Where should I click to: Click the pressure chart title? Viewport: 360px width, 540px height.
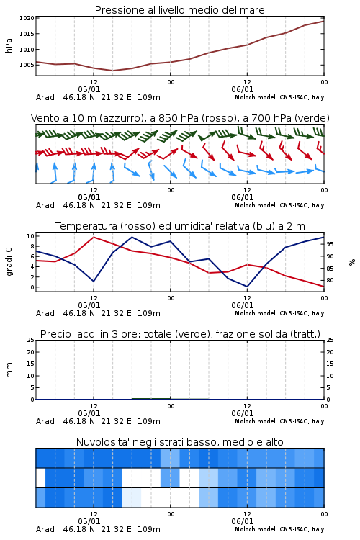(x=179, y=10)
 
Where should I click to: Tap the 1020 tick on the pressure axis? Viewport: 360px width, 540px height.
(x=27, y=18)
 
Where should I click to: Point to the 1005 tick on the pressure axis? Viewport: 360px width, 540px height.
(x=27, y=65)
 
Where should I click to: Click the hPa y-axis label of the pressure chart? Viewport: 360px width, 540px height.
(x=9, y=45)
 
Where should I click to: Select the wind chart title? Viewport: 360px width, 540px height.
(x=180, y=118)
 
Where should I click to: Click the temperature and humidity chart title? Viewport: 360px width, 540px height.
(x=180, y=226)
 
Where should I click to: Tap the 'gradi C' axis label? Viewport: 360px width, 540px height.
(x=9, y=261)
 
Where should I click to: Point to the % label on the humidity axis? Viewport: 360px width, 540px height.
(x=352, y=262)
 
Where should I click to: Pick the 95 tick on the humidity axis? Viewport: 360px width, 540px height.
(x=330, y=244)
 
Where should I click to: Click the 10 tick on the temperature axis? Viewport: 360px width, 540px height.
(x=30, y=236)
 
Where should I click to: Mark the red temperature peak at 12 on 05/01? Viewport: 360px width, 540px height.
(x=94, y=237)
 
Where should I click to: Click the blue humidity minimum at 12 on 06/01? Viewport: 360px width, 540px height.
(x=247, y=286)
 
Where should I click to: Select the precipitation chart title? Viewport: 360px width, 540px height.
(x=180, y=334)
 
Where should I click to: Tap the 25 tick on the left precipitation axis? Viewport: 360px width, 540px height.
(x=30, y=340)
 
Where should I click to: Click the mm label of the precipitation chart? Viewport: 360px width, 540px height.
(x=9, y=370)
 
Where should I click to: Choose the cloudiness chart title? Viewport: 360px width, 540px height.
(x=179, y=442)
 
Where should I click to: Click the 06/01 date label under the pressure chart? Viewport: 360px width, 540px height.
(x=243, y=89)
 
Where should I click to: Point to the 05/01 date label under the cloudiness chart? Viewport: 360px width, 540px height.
(x=89, y=521)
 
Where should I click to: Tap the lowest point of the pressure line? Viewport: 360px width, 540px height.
(x=112, y=71)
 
